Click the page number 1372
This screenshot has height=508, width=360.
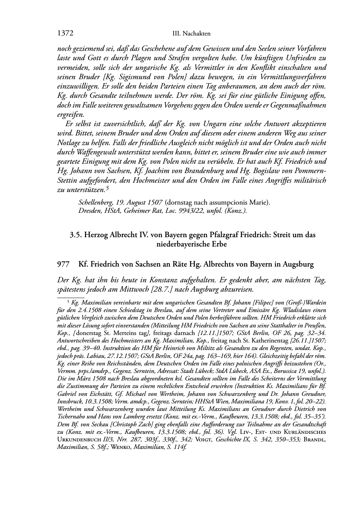(x=65, y=34)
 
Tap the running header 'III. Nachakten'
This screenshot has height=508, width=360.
(x=191, y=34)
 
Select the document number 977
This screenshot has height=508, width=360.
(x=63, y=265)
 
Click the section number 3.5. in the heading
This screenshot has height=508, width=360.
(x=75, y=235)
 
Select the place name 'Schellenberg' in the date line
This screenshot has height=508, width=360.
(x=94, y=203)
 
